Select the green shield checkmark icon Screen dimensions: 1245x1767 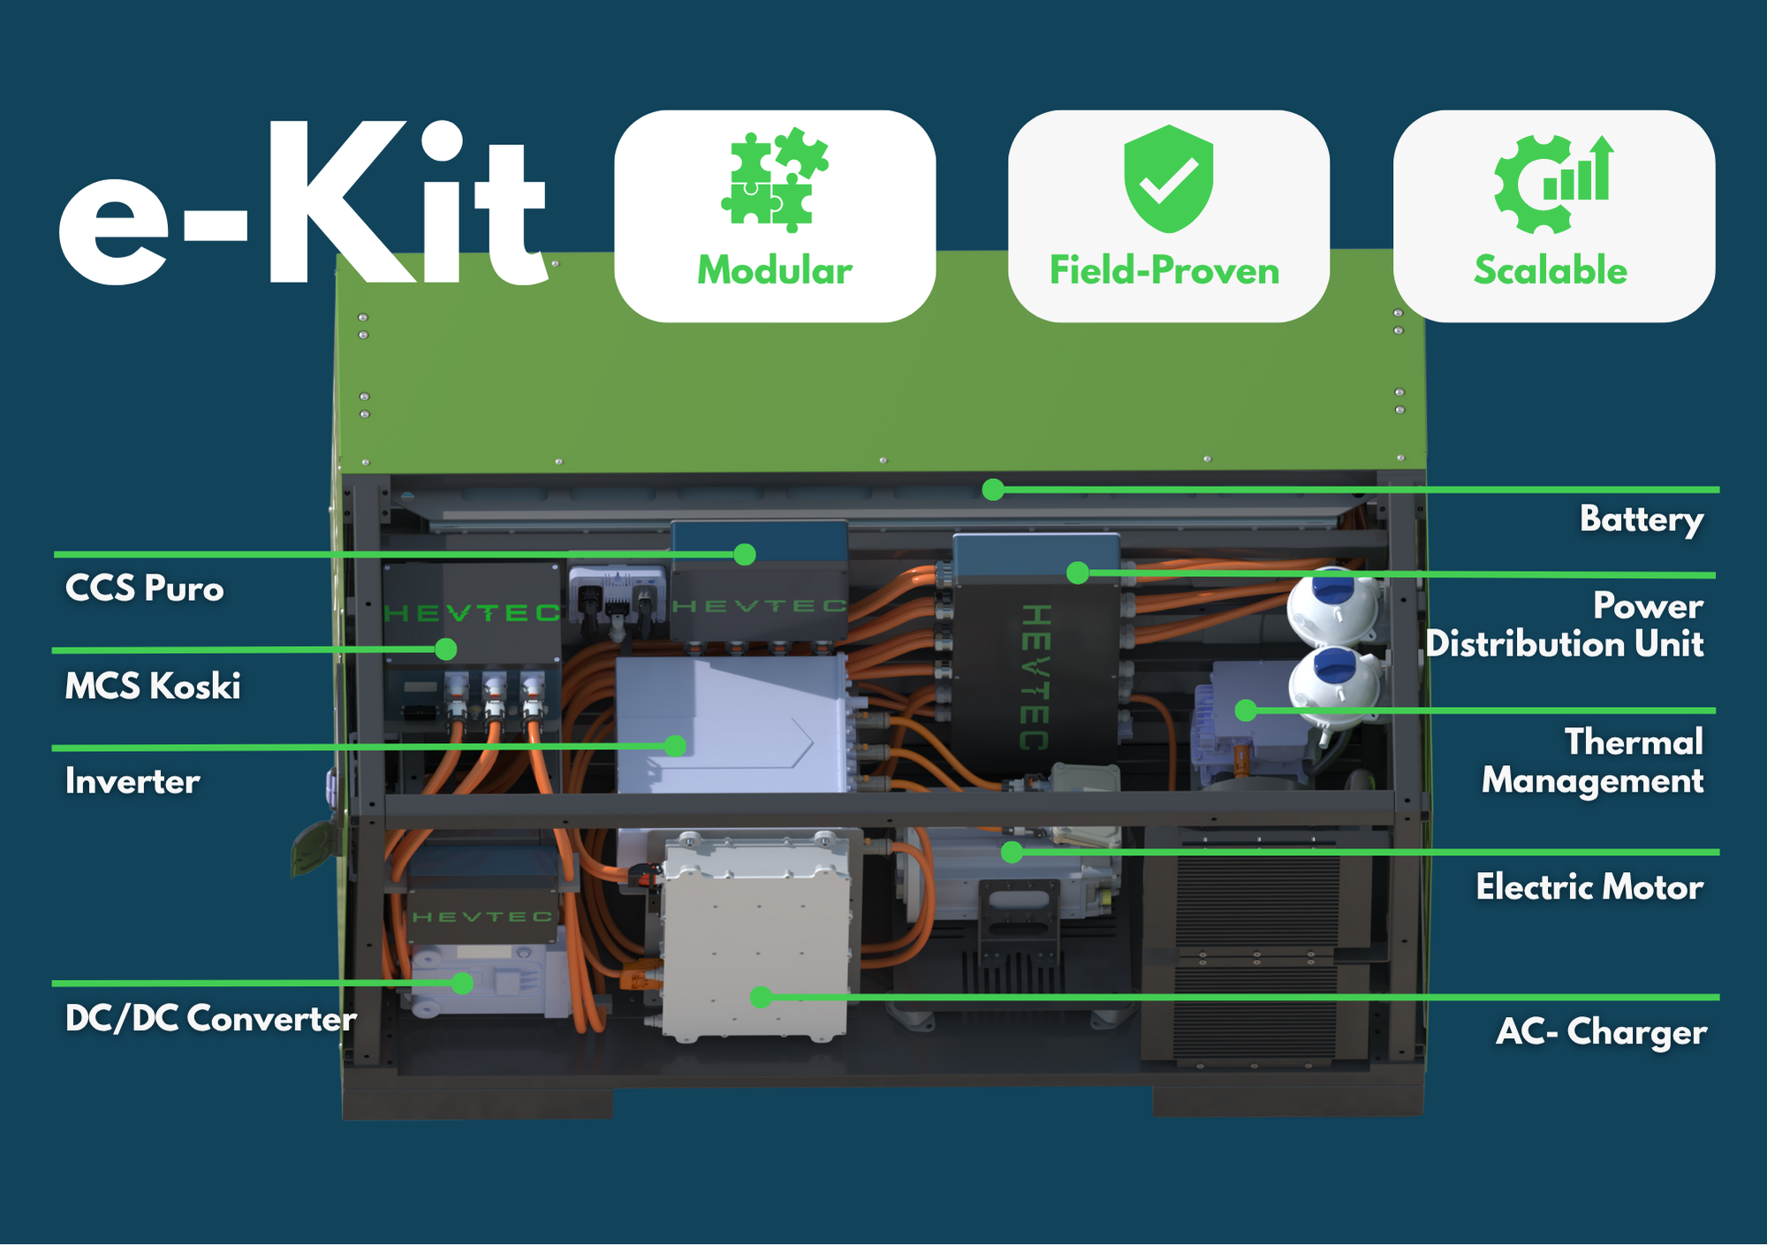[x=1168, y=178]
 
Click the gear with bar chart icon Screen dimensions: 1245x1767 [x=1553, y=184]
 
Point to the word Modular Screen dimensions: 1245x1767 [x=775, y=270]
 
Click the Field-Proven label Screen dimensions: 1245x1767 [x=1164, y=270]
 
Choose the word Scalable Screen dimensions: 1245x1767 [x=1551, y=270]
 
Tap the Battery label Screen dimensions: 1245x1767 [x=1642, y=520]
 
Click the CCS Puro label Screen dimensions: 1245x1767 [x=145, y=588]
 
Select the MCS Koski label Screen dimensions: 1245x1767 [x=153, y=686]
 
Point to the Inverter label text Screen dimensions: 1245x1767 [x=133, y=781]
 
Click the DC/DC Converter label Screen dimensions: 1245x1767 [x=210, y=1018]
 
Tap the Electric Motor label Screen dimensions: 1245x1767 [x=1589, y=886]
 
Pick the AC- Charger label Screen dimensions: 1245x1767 [x=1601, y=1031]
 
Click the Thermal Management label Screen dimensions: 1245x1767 [x=1593, y=761]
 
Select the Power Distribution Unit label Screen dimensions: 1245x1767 [x=1565, y=625]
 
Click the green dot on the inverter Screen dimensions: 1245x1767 [x=676, y=746]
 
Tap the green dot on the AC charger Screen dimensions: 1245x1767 [x=761, y=997]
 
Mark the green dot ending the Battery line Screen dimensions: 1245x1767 [x=993, y=490]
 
